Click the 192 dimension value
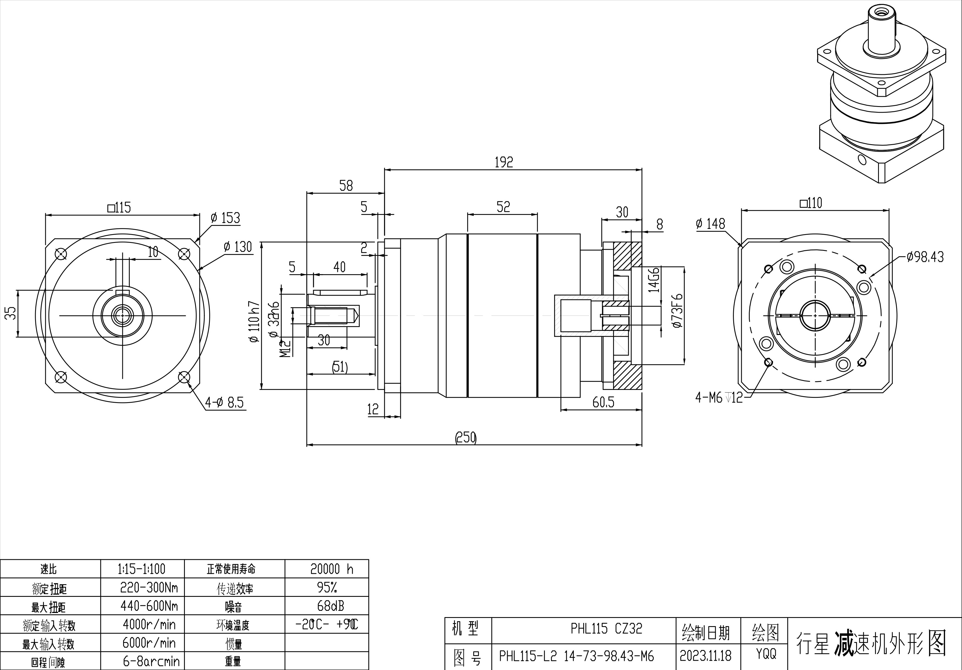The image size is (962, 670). [x=504, y=162]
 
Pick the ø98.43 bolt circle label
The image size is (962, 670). [x=925, y=257]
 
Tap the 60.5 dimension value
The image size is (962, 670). [x=603, y=402]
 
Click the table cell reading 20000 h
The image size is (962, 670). [x=332, y=569]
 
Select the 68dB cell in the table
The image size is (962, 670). [x=331, y=606]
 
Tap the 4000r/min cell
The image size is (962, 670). [x=149, y=624]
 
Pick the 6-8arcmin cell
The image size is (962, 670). [x=151, y=661]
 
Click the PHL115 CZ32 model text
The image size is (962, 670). [x=606, y=629]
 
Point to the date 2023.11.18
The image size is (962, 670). [x=706, y=656]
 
